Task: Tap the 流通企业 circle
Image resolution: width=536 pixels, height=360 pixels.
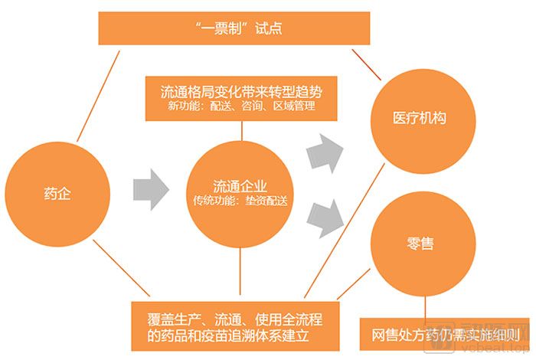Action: click(x=241, y=191)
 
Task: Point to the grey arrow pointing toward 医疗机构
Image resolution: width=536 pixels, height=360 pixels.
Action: click(x=324, y=152)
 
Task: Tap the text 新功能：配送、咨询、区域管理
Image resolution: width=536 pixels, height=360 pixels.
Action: click(x=241, y=106)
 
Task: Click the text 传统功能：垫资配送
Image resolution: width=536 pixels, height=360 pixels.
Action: click(x=241, y=201)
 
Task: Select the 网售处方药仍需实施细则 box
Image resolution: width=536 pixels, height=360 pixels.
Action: click(x=446, y=334)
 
